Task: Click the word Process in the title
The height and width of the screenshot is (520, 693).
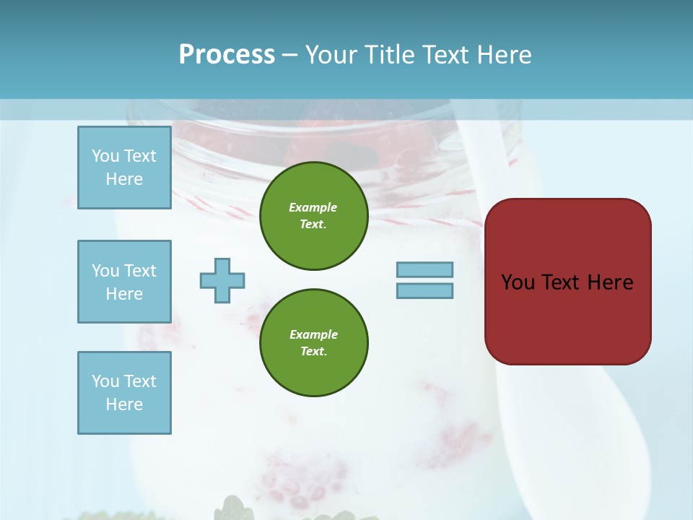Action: pyautogui.click(x=227, y=55)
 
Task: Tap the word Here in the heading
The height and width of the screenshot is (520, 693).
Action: pyautogui.click(x=503, y=55)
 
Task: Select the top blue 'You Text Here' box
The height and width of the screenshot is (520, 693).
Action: pyautogui.click(x=124, y=168)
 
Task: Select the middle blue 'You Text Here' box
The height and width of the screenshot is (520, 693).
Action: pyautogui.click(x=124, y=282)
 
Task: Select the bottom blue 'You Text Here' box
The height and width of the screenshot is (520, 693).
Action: pyautogui.click(x=124, y=393)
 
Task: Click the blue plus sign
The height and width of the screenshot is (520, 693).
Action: pyautogui.click(x=222, y=280)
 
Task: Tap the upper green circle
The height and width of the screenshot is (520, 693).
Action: pyautogui.click(x=313, y=215)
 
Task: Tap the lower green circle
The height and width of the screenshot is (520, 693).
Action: pyautogui.click(x=313, y=342)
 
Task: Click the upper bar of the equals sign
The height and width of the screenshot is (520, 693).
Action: pyautogui.click(x=424, y=269)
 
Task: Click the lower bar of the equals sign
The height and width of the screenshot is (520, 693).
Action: pyautogui.click(x=424, y=290)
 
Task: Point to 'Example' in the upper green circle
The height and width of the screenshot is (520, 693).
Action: pyautogui.click(x=313, y=207)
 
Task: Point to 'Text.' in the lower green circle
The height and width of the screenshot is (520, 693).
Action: pyautogui.click(x=313, y=351)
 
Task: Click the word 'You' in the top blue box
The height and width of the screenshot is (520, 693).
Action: pyautogui.click(x=105, y=156)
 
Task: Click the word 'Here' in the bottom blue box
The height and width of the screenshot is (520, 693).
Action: pyautogui.click(x=124, y=404)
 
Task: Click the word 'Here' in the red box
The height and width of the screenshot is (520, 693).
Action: pyautogui.click(x=610, y=282)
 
